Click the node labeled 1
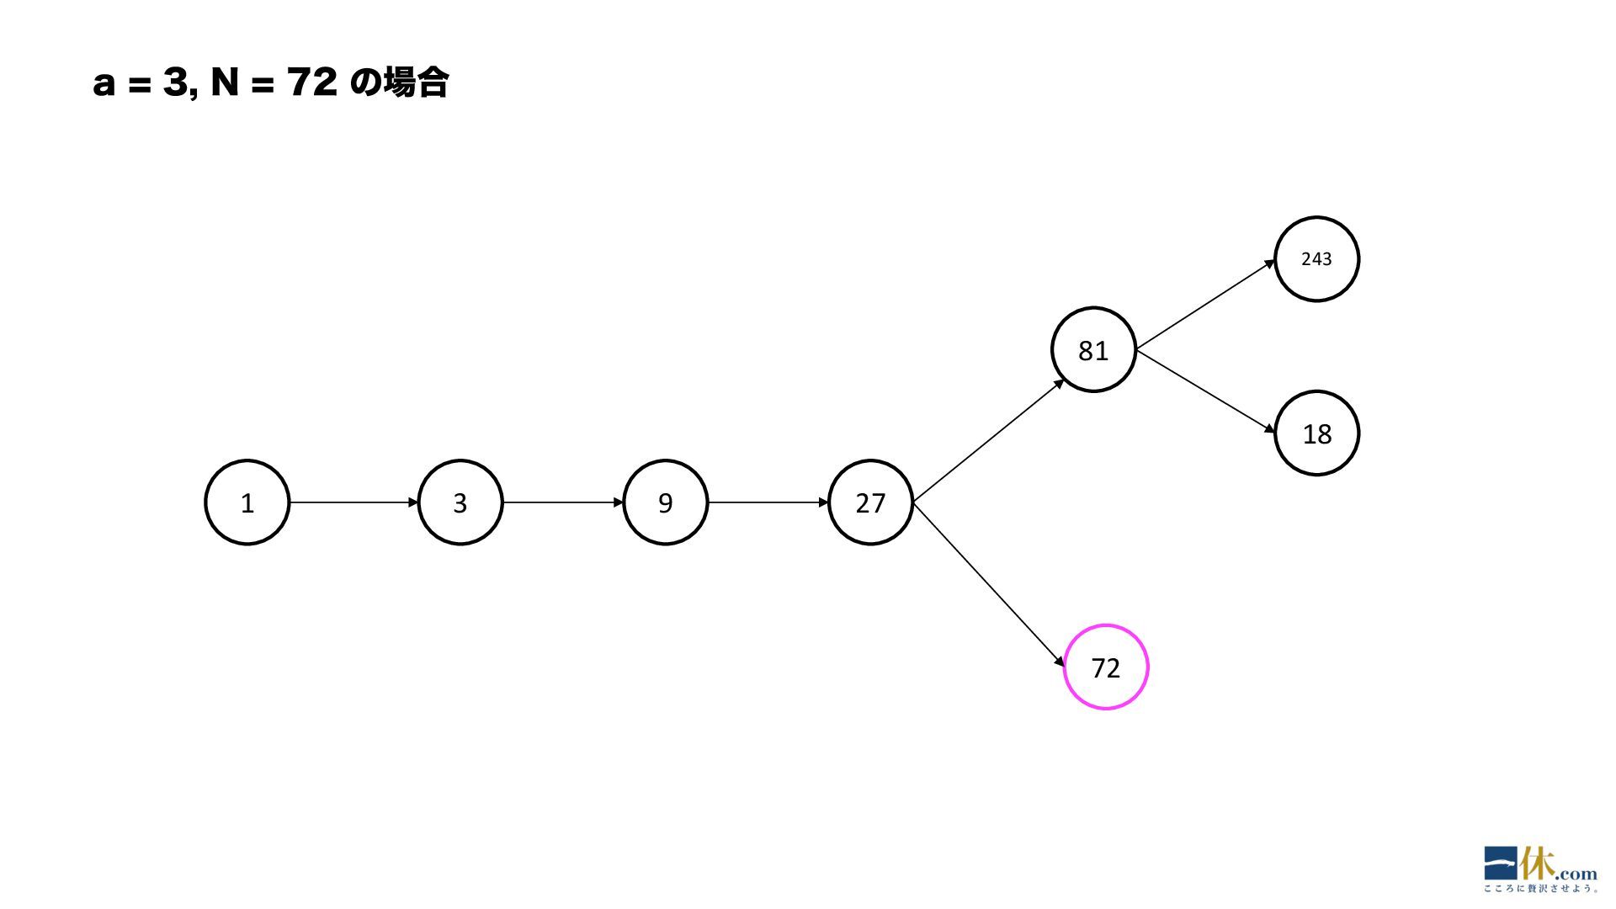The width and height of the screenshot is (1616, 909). pyautogui.click(x=247, y=502)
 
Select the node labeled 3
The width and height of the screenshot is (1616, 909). pyautogui.click(x=460, y=502)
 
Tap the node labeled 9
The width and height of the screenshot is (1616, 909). pyautogui.click(x=665, y=502)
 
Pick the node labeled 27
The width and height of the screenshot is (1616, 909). pyautogui.click(x=870, y=502)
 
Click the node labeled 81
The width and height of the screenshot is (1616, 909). pyautogui.click(x=1093, y=350)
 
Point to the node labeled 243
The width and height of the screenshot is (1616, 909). pyautogui.click(x=1316, y=259)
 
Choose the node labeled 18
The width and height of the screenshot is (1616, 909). pyautogui.click(x=1316, y=433)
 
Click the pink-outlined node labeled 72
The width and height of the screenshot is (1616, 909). pyautogui.click(x=1105, y=667)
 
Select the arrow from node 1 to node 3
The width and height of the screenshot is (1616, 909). pyautogui.click(x=353, y=502)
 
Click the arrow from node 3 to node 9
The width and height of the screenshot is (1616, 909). pyautogui.click(x=562, y=502)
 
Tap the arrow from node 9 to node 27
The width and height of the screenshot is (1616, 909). pyautogui.click(x=768, y=502)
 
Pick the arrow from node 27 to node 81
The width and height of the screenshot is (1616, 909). pyautogui.click(x=988, y=441)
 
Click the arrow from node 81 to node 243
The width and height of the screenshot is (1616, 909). pyautogui.click(x=1205, y=305)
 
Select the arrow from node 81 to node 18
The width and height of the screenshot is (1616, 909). pyautogui.click(x=1205, y=391)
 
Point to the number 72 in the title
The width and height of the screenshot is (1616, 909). pyautogui.click(x=312, y=83)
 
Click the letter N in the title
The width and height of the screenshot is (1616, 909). pyautogui.click(x=225, y=83)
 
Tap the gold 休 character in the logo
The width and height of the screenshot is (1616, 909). pyautogui.click(x=1537, y=864)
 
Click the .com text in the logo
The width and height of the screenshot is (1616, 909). pyautogui.click(x=1576, y=874)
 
